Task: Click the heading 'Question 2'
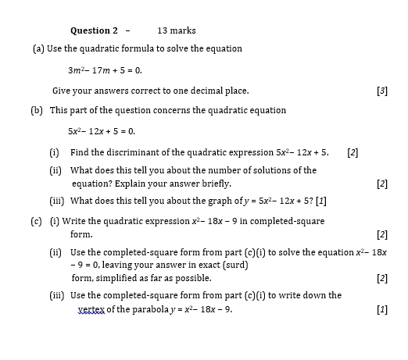click(x=94, y=30)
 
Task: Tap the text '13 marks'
click(x=177, y=30)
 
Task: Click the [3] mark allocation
click(x=381, y=91)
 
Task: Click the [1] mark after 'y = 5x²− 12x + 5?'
click(x=320, y=200)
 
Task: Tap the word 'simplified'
click(x=113, y=278)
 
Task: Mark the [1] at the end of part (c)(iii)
click(x=381, y=309)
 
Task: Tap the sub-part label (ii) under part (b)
click(x=55, y=169)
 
